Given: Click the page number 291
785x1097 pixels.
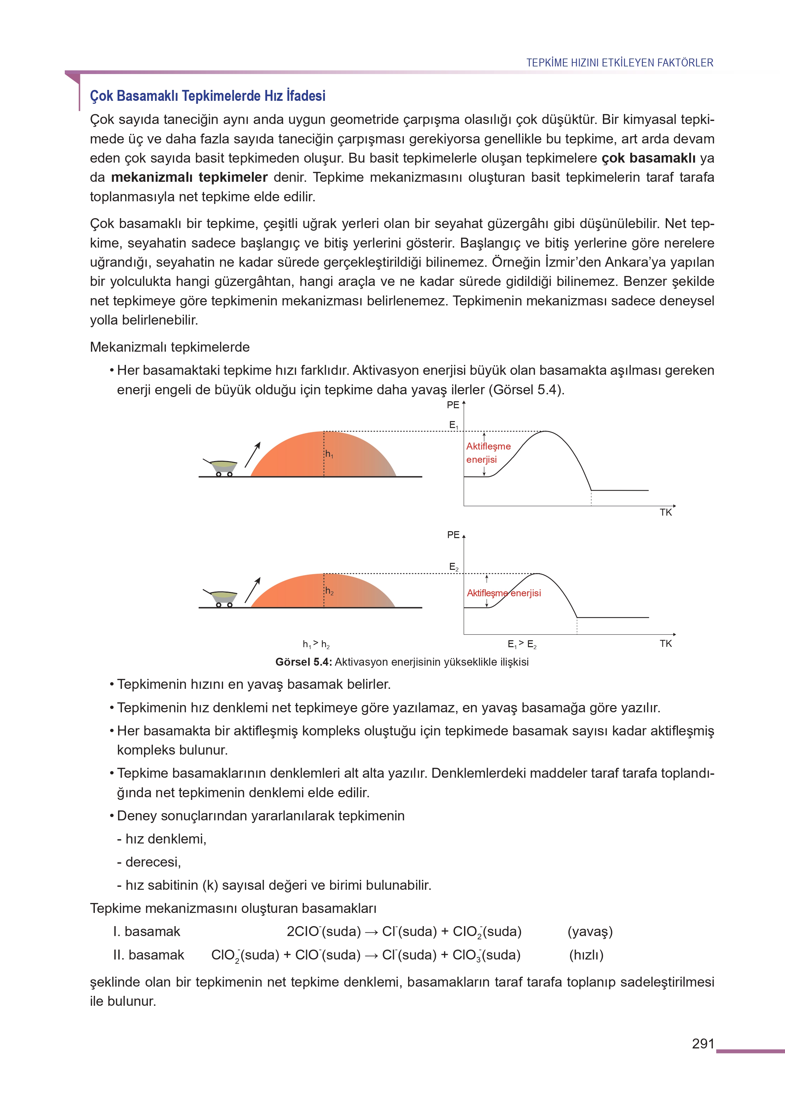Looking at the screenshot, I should [703, 1043].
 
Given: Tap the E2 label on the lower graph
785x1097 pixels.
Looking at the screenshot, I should [453, 567].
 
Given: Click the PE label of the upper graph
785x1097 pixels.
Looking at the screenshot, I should [453, 405].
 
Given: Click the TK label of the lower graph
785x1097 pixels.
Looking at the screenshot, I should [666, 643].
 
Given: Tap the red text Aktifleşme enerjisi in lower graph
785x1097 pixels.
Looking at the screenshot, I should [504, 593].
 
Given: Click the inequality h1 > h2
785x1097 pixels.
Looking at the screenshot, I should [316, 644].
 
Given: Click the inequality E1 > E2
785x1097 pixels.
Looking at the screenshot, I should [522, 644].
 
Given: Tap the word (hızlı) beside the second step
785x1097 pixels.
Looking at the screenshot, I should [586, 955].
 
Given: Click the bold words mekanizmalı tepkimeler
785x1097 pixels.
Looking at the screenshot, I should [189, 177].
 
